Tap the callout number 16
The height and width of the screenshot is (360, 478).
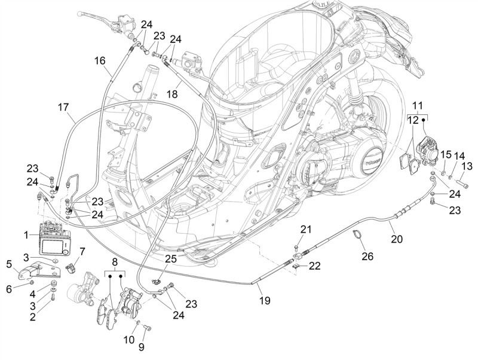pyautogui.click(x=100, y=60)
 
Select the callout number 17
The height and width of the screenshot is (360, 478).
pyautogui.click(x=64, y=108)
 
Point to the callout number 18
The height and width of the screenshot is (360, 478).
pyautogui.click(x=172, y=93)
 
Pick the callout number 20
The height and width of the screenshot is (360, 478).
pyautogui.click(x=397, y=239)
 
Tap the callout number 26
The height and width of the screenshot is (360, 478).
pyautogui.click(x=367, y=256)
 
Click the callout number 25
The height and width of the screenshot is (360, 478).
pyautogui.click(x=171, y=258)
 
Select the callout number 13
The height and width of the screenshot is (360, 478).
pyautogui.click(x=467, y=166)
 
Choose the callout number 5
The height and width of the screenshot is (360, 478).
pyautogui.click(x=9, y=264)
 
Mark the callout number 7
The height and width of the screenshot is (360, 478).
pyautogui.click(x=82, y=252)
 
